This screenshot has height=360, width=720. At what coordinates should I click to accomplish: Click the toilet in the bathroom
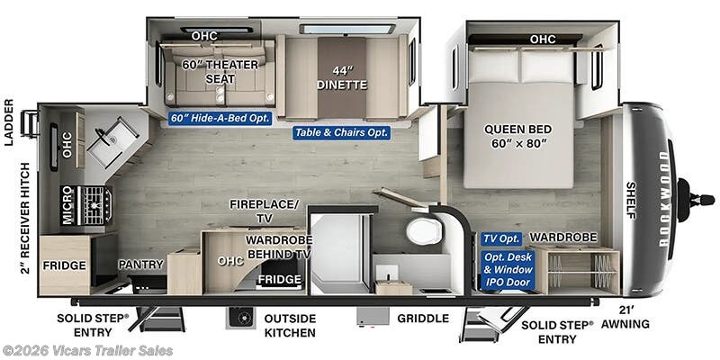point(423,231)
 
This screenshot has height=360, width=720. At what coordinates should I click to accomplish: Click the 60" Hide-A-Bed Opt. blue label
point(220,118)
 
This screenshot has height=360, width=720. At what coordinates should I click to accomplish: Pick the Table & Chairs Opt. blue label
point(342,132)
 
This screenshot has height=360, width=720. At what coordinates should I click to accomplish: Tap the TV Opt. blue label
point(501,238)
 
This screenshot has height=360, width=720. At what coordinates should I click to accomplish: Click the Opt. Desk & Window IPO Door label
point(508,269)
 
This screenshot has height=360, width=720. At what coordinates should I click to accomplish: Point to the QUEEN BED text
point(518,129)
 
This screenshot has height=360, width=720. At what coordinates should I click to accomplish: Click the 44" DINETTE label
point(342,78)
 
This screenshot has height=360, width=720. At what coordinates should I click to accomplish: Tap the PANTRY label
point(140,264)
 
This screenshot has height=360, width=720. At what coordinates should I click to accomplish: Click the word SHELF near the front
point(631,200)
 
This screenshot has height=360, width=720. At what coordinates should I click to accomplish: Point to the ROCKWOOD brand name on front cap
point(664,199)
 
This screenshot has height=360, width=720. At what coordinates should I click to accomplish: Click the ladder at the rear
point(30,124)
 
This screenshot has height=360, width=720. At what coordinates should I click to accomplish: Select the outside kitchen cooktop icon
point(241,318)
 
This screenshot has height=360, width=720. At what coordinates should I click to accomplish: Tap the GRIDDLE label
point(422,319)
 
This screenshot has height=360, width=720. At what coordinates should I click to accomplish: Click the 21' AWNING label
point(625,317)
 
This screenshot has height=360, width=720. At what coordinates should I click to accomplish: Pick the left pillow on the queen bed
point(493,66)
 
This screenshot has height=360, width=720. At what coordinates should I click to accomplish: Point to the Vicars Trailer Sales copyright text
point(87,351)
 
